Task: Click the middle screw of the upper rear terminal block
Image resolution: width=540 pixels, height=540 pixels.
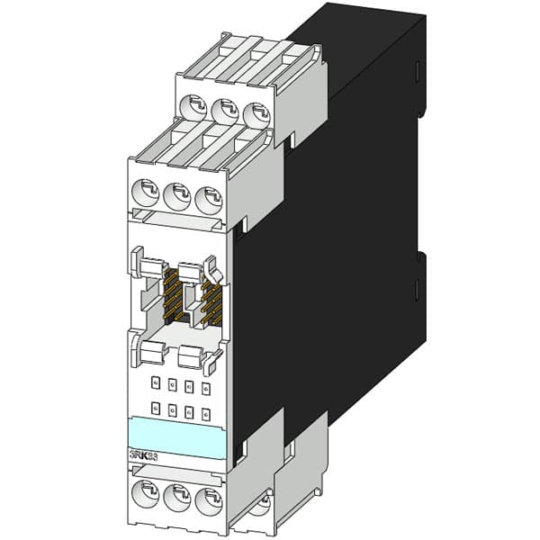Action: tap(225, 113)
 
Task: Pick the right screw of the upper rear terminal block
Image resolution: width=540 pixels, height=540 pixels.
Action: tap(256, 115)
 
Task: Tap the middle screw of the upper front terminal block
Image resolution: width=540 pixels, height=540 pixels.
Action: tap(176, 193)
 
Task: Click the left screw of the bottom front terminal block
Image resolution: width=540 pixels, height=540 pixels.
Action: tap(144, 494)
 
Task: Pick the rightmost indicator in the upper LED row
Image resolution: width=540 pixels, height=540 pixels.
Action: tap(206, 388)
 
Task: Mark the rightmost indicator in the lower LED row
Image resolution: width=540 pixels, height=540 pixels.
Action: tap(206, 413)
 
